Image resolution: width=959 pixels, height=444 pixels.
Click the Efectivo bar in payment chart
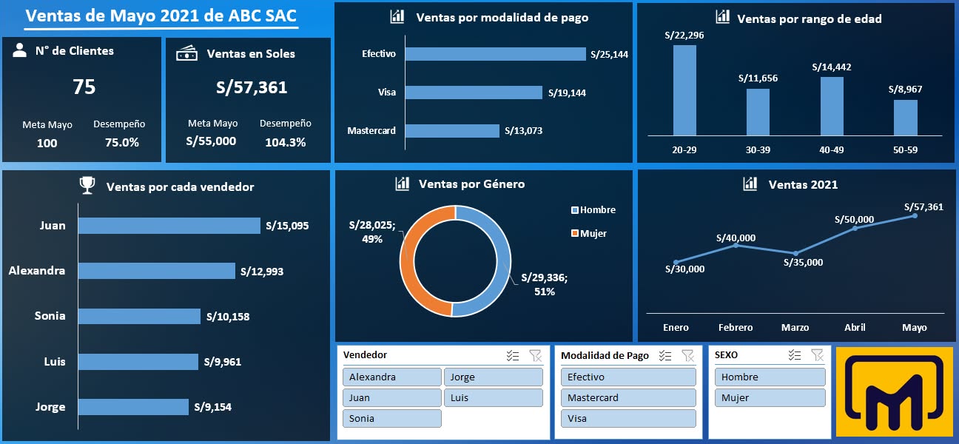pyautogui.click(x=494, y=54)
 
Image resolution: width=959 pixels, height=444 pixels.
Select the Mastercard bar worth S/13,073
pyautogui.click(x=451, y=131)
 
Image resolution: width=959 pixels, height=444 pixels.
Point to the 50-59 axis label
pyautogui.click(x=905, y=149)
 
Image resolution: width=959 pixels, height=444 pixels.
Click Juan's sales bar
pyautogui.click(x=169, y=226)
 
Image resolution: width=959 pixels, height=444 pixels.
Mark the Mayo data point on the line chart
pyautogui.click(x=915, y=215)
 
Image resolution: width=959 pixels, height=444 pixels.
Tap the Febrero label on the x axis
pyautogui.click(x=736, y=327)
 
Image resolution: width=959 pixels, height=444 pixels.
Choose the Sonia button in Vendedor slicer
pyautogui.click(x=391, y=418)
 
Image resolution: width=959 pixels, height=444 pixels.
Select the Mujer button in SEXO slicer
pyautogui.click(x=770, y=397)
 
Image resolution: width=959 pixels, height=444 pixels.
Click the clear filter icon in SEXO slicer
pyautogui.click(x=817, y=355)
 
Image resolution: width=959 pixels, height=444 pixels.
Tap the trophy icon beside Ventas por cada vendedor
pyautogui.click(x=87, y=186)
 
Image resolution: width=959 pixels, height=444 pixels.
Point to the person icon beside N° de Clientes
pyautogui.click(x=20, y=50)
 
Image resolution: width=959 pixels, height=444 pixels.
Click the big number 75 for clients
pyautogui.click(x=84, y=87)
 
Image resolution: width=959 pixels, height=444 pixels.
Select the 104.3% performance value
pyautogui.click(x=285, y=142)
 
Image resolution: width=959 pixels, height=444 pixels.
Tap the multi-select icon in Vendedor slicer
pyautogui.click(x=513, y=356)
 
